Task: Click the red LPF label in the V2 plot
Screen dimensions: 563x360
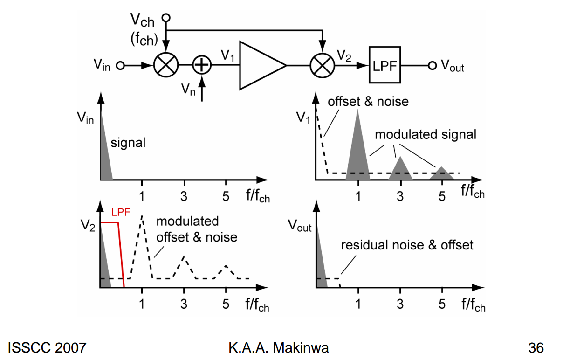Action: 121,213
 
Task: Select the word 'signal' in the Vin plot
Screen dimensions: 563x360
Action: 128,143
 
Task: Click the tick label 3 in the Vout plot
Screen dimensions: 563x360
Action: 400,304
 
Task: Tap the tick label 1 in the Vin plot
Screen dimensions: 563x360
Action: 142,196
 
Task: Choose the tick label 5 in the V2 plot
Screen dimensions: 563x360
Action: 226,304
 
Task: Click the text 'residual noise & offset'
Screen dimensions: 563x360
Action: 407,245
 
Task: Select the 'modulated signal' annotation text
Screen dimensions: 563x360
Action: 426,134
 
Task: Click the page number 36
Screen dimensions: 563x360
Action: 536,348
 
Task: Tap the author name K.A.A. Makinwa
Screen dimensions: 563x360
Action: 279,348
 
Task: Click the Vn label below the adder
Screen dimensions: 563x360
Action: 188,90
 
